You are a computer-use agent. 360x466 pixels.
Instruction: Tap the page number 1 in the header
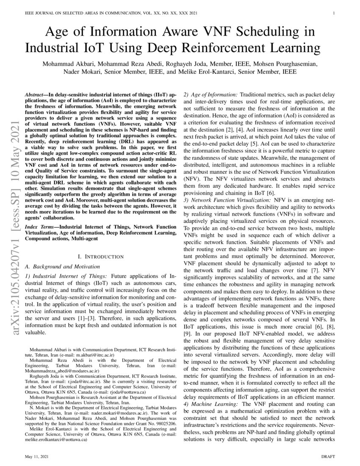click(x=334, y=13)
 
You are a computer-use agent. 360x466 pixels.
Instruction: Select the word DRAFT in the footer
click(x=328, y=456)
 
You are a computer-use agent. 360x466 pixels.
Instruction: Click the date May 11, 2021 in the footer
click(x=35, y=456)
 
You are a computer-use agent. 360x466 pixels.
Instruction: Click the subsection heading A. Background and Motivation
click(x=62, y=266)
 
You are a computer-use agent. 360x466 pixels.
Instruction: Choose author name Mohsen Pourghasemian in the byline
click(x=296, y=64)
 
